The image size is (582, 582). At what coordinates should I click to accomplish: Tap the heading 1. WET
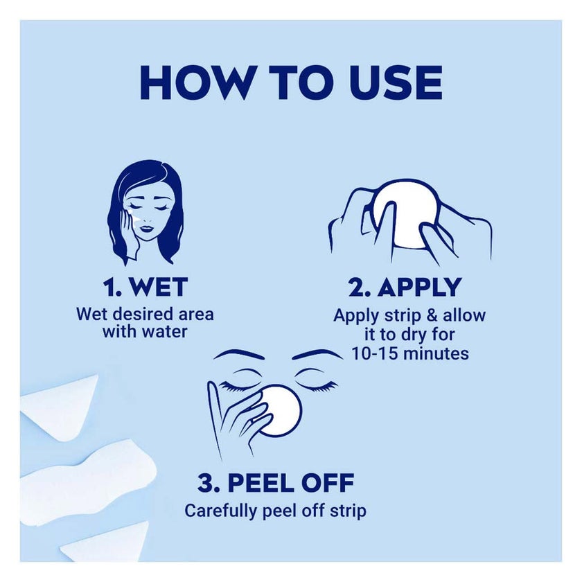145,288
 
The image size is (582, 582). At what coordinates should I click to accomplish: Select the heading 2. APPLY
405,288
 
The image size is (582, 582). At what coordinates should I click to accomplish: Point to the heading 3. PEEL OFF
276,482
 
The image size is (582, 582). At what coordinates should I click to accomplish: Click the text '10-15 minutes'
410,353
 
